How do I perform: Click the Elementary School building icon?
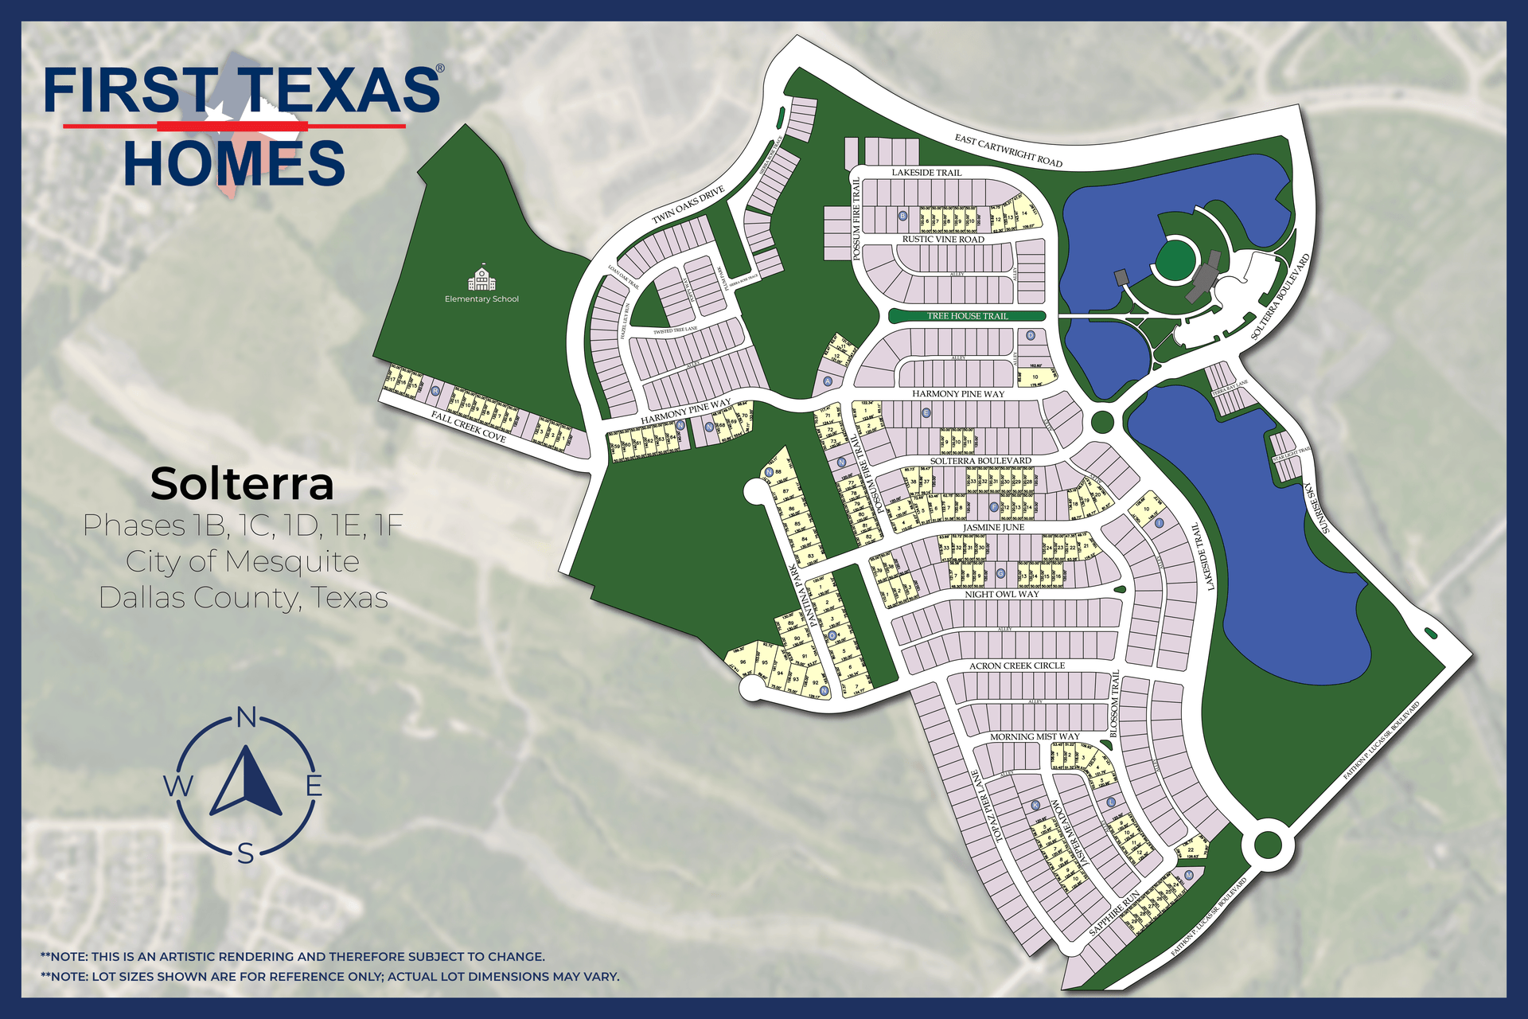pos(481,279)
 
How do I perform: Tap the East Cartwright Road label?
pos(1008,150)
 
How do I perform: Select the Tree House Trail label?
pos(967,316)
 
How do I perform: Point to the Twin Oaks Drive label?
pos(688,205)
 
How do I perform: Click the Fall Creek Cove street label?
pos(469,427)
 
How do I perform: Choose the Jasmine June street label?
pos(993,528)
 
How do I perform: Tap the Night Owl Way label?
pos(1002,595)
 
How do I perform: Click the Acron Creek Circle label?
pos(1016,666)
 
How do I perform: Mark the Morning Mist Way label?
pos(1035,737)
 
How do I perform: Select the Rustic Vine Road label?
pos(943,240)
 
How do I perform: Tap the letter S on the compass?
pos(246,854)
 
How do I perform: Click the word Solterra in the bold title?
pos(242,484)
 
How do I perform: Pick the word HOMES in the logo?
pos(234,163)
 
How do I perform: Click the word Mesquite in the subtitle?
pos(293,562)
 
